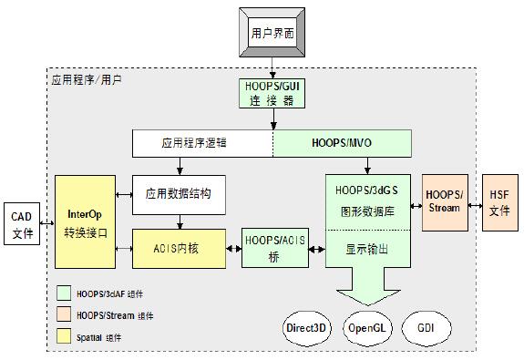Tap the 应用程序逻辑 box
202,143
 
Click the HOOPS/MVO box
341,143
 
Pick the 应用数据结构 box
179,194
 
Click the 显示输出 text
368,247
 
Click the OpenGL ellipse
368,325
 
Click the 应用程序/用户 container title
87,80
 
